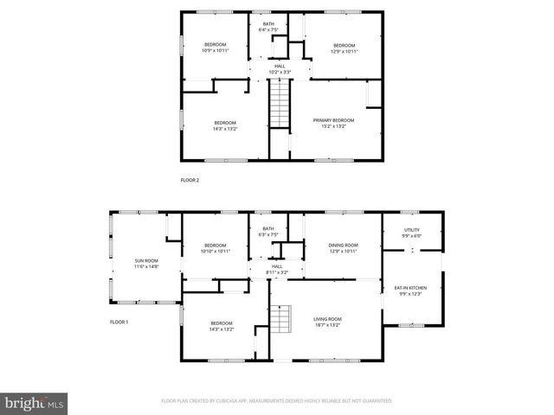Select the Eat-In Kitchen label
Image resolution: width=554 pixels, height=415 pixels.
point(411,290)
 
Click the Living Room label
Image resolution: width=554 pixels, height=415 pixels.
point(327,322)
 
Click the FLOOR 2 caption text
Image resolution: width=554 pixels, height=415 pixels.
point(190,180)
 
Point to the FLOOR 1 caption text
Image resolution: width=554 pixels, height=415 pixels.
point(119,322)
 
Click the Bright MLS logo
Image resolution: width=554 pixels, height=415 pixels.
point(34,403)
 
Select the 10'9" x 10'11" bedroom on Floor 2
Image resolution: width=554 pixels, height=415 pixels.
point(215,48)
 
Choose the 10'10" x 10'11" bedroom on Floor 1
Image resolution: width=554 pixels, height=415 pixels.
point(216,248)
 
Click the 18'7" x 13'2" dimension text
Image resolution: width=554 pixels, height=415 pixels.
point(327,325)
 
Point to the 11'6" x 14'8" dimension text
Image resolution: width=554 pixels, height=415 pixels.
point(146,265)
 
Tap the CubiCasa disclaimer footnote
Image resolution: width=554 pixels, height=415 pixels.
point(277,401)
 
